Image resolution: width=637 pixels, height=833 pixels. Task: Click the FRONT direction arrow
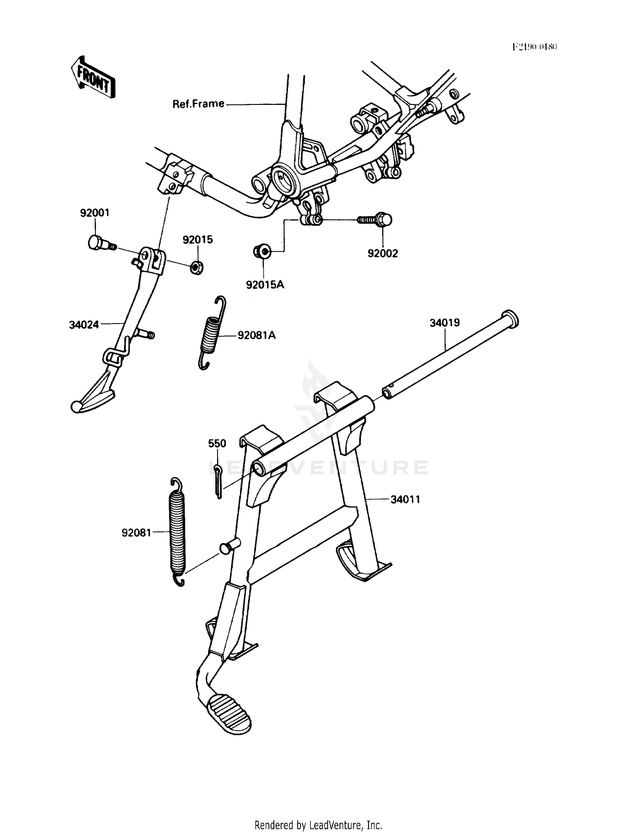pyautogui.click(x=93, y=76)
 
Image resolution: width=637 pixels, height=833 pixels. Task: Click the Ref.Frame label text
pyautogui.click(x=198, y=104)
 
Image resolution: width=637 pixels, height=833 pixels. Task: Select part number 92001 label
pyautogui.click(x=95, y=213)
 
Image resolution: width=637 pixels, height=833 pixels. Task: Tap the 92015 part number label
pyautogui.click(x=197, y=240)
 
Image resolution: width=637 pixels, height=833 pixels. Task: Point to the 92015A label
pyautogui.click(x=265, y=285)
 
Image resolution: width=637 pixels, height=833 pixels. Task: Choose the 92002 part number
pyautogui.click(x=383, y=253)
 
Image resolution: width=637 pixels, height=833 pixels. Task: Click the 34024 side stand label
pyautogui.click(x=84, y=325)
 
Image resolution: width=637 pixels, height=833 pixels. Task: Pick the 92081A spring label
pyautogui.click(x=256, y=335)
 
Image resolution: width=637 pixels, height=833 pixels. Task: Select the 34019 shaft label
pyautogui.click(x=445, y=323)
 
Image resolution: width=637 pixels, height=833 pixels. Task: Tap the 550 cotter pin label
pyautogui.click(x=217, y=444)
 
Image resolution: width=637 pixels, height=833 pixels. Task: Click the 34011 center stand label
pyautogui.click(x=406, y=499)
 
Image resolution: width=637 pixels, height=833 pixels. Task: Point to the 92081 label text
pyautogui.click(x=136, y=532)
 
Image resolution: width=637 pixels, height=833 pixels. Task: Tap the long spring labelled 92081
pyautogui.click(x=178, y=532)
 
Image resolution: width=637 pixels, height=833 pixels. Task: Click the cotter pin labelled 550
pyautogui.click(x=218, y=481)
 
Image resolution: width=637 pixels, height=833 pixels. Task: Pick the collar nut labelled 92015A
pyautogui.click(x=263, y=251)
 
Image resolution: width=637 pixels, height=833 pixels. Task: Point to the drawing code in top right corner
pyautogui.click(x=535, y=47)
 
